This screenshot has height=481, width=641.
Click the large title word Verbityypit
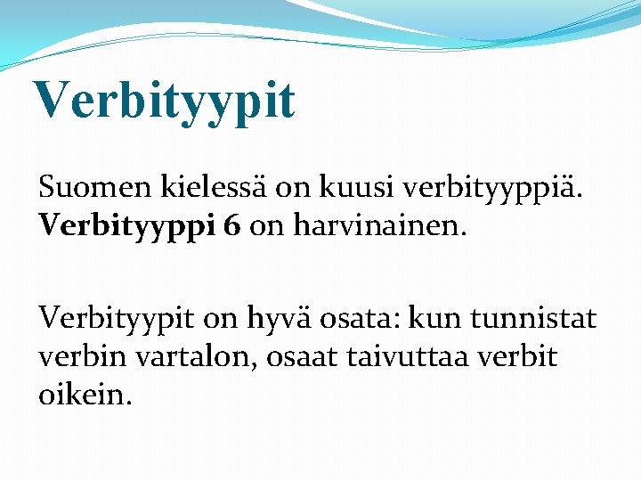pyautogui.click(x=165, y=100)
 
